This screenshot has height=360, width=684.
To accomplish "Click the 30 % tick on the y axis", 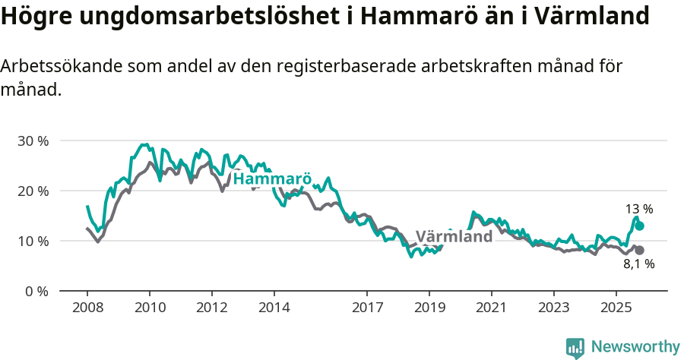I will (x=33, y=141).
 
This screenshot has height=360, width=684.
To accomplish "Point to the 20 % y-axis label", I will (x=33, y=191).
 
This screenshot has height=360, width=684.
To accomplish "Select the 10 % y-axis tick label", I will (x=33, y=241).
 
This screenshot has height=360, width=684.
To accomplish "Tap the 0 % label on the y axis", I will (x=36, y=291).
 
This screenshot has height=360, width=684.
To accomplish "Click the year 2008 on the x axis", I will (x=87, y=309).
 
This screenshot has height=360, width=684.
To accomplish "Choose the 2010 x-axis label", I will (x=150, y=309).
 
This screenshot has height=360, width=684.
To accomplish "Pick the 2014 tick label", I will (x=274, y=309).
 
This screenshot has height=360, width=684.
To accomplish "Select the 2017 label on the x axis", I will (x=367, y=309).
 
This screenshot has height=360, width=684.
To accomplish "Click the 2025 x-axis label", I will (x=616, y=309).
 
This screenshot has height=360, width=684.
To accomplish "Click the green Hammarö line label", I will (x=272, y=178).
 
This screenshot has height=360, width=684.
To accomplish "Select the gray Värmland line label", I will (x=454, y=236).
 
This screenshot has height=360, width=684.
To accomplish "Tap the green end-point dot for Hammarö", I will (x=640, y=226).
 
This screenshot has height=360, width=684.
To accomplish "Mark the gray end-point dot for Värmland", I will (x=640, y=250).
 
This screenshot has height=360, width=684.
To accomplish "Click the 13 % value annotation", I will (x=639, y=209).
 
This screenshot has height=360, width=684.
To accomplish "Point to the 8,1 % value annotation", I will (x=638, y=264).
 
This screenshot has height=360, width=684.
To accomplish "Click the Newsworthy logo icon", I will (x=575, y=347).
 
